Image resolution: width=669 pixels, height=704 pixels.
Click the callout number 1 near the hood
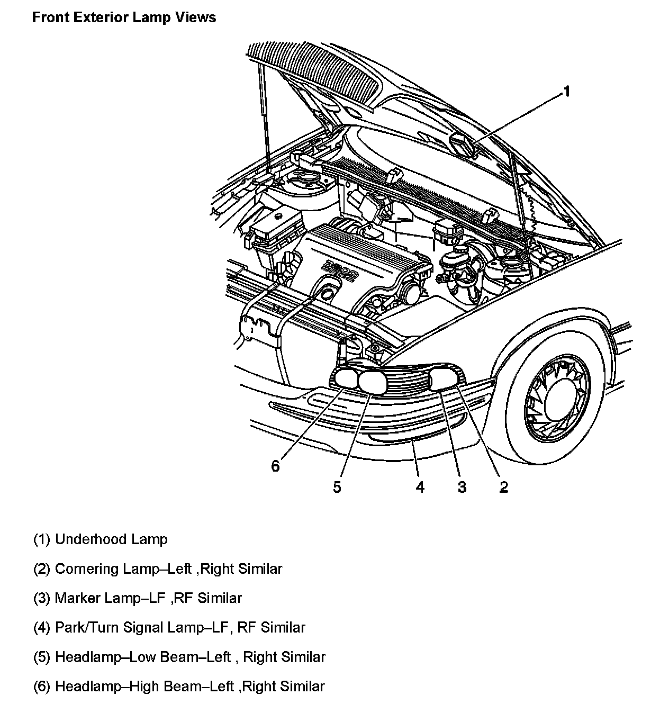pos(566,92)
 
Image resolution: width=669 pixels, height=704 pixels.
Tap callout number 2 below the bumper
pos(503,487)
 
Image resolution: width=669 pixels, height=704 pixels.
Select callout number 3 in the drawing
pos(462,487)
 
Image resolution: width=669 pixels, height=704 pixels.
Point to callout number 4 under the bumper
pos(420,487)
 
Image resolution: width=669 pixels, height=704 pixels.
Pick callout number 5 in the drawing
pos(337,487)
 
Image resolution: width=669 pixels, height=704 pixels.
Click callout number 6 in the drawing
pos(275,466)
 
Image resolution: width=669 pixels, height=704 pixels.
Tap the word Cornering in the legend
pos(87,569)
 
